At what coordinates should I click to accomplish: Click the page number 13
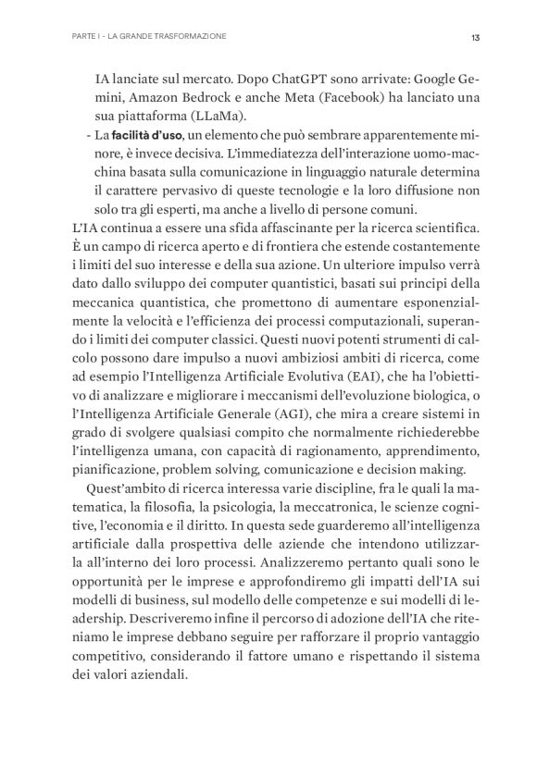pos(475,38)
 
